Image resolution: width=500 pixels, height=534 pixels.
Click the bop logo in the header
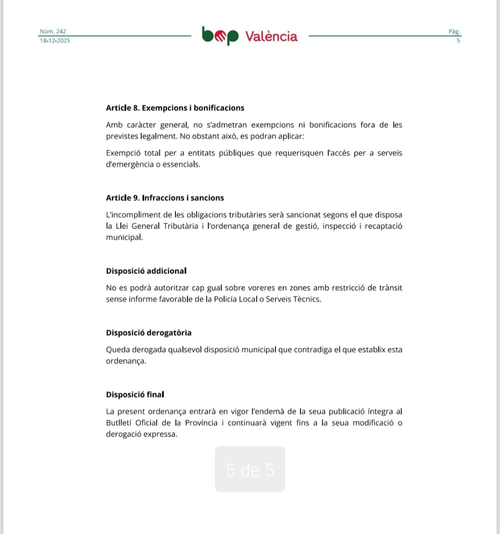220,36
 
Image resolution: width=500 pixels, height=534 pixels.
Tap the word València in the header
271,36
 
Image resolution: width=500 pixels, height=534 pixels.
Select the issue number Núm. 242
53,31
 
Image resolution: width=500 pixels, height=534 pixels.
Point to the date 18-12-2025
55,41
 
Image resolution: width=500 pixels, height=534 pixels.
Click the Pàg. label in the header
454,31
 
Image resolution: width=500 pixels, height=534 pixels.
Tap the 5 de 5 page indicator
250,470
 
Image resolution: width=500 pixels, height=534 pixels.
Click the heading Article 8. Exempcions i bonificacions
175,108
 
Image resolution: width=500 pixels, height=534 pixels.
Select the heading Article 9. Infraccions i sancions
165,198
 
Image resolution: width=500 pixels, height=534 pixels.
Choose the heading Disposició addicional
146,271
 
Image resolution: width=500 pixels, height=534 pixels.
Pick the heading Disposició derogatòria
149,333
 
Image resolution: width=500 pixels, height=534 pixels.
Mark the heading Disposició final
135,395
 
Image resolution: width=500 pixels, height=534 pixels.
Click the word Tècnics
307,299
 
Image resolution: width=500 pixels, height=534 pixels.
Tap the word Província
201,423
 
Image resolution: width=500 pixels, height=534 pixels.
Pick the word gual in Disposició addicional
214,288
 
